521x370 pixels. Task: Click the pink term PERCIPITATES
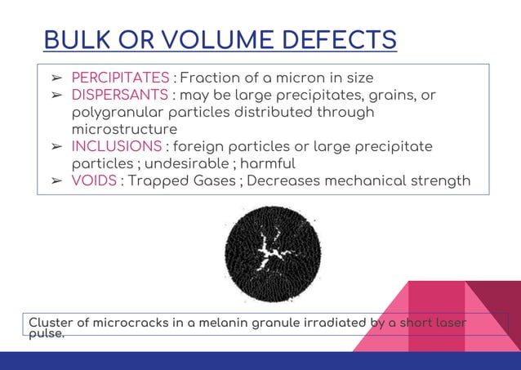coord(121,78)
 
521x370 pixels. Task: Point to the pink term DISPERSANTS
coord(119,96)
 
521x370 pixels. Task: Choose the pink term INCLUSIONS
coord(117,146)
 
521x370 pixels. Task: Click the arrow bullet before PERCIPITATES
coord(57,78)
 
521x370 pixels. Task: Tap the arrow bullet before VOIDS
coord(57,181)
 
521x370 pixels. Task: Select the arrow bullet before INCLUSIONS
coord(57,146)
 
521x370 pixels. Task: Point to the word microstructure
coord(124,129)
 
